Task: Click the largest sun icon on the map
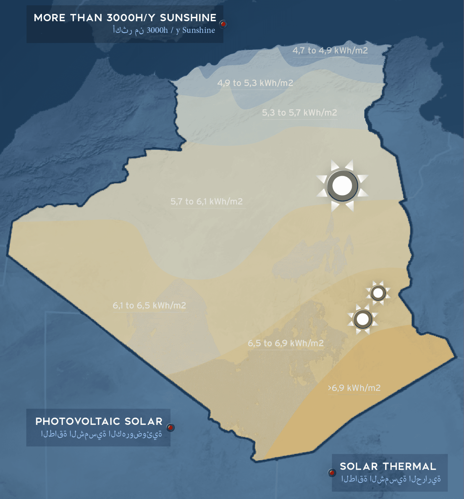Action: click(x=342, y=186)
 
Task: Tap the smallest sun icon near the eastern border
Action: click(x=378, y=293)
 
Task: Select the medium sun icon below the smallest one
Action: click(x=363, y=319)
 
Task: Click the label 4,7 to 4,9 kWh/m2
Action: click(x=330, y=51)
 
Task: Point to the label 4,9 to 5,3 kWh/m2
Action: click(x=255, y=83)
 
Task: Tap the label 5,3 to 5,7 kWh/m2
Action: click(x=299, y=113)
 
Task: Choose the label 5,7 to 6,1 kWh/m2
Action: click(x=206, y=202)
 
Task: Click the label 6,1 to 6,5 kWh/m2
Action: click(x=149, y=306)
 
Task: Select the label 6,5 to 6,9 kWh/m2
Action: click(x=285, y=343)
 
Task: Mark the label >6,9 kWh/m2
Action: click(x=354, y=388)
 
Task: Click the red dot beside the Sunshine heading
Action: click(x=223, y=24)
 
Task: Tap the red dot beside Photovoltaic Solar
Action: click(x=171, y=427)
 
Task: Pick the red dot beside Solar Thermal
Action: click(x=332, y=473)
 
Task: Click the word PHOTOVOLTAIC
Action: click(x=77, y=422)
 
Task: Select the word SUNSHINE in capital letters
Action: click(x=188, y=18)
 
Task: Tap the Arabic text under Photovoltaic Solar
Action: click(x=101, y=434)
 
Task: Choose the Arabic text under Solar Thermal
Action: click(x=391, y=479)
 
